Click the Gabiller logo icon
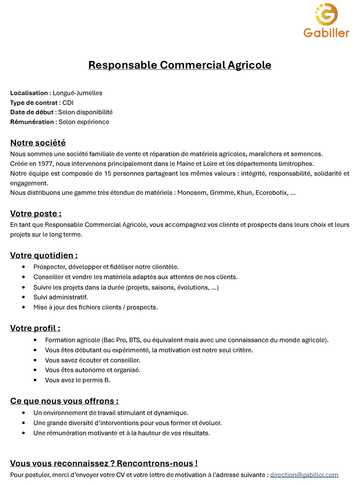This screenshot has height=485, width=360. click(327, 14)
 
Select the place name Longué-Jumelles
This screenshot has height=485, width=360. click(77, 93)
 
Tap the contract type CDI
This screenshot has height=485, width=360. click(68, 103)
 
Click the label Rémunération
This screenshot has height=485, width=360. click(32, 122)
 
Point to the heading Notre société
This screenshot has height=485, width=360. click(38, 143)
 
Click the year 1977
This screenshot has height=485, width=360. click(45, 164)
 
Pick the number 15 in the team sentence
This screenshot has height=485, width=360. click(108, 174)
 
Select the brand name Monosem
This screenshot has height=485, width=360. click(192, 193)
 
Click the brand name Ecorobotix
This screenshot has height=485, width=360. click(272, 193)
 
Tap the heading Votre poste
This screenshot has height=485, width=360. click(36, 214)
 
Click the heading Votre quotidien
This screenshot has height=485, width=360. click(44, 255)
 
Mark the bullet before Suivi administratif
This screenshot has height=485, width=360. click(24, 297)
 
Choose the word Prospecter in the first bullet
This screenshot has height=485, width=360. click(49, 267)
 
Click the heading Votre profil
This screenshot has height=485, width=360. click(35, 328)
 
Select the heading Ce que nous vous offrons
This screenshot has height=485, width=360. click(64, 401)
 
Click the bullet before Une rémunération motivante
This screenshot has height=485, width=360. click(24, 433)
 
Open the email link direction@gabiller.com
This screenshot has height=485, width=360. click(304, 475)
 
